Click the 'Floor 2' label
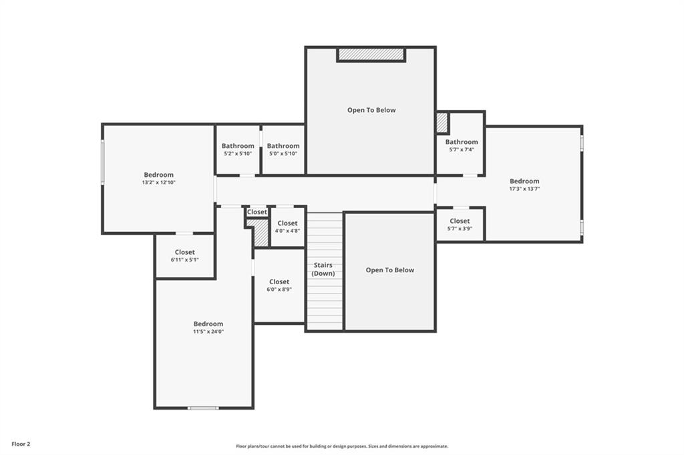(x=21, y=444)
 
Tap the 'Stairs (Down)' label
(x=323, y=270)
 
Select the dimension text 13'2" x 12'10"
(x=159, y=183)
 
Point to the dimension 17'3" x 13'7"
(x=524, y=189)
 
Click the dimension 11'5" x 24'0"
(x=208, y=331)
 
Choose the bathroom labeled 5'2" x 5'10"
(x=238, y=149)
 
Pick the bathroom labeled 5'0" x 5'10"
(x=283, y=149)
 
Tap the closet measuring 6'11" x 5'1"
(x=185, y=256)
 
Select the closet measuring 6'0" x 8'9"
(x=279, y=286)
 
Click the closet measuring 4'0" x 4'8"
(x=287, y=227)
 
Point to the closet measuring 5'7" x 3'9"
(x=460, y=224)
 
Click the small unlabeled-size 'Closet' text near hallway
(x=257, y=211)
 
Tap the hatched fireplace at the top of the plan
(x=371, y=55)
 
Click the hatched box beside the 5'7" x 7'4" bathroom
(x=442, y=123)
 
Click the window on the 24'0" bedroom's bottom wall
(x=203, y=408)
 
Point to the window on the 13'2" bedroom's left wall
(x=103, y=161)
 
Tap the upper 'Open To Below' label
(x=371, y=110)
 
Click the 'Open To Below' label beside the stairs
(x=390, y=270)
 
